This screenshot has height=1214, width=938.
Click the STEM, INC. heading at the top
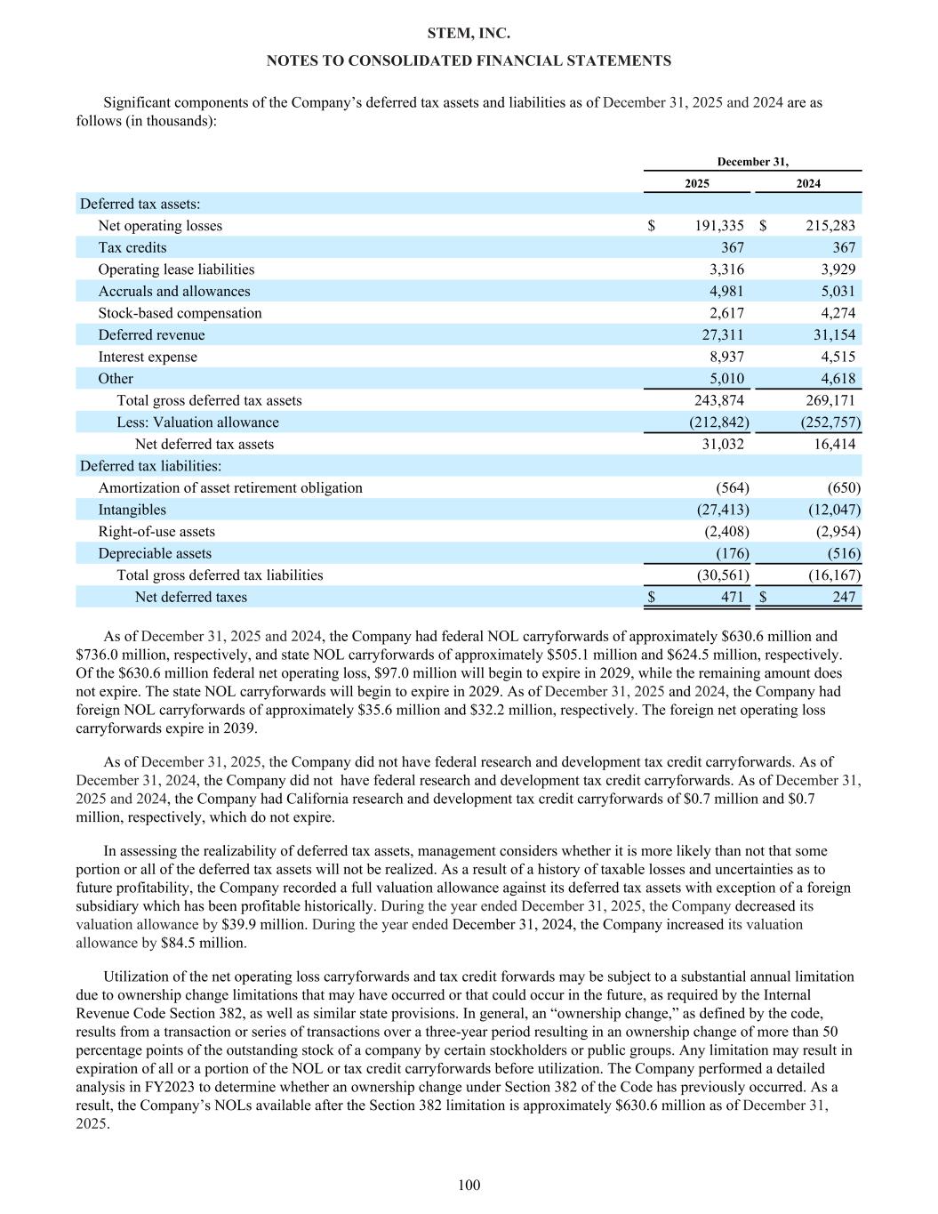[469, 34]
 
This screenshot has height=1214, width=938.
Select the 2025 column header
[697, 183]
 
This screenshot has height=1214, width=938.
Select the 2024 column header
[808, 183]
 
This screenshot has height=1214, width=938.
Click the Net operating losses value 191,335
[719, 226]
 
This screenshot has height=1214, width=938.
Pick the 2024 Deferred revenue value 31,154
[832, 335]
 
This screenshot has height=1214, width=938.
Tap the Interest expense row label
[148, 357]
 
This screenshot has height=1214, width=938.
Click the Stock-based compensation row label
[180, 313]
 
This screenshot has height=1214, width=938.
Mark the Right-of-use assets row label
[156, 532]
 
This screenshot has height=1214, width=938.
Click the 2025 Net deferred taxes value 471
[732, 598]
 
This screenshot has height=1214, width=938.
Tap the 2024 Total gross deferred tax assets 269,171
[830, 400]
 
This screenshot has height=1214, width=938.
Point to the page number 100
[469, 1185]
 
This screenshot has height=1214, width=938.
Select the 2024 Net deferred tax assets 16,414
[834, 444]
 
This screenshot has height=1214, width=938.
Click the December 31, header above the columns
[752, 162]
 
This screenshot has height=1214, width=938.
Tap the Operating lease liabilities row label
[176, 269]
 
